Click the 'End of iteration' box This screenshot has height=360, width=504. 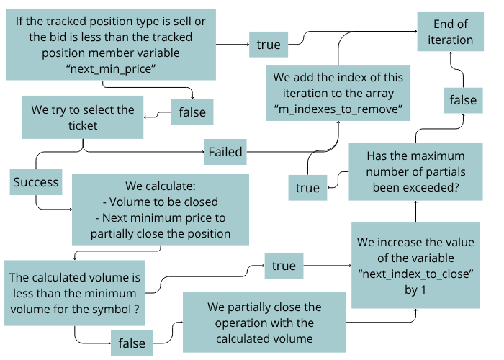pos(451,32)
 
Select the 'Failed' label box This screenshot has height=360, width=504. pos(225,152)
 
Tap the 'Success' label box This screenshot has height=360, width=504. pos(35,182)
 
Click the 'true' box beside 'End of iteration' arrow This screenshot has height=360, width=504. pos(268,45)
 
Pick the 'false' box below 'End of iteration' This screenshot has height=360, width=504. pos(463,100)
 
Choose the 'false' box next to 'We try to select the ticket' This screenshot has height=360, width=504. pos(192,112)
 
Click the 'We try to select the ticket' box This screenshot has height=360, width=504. pos(82,117)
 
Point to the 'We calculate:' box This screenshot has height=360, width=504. pos(161,208)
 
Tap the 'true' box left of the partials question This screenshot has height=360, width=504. pos(307,187)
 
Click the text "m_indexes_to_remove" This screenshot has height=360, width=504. pos(338,108)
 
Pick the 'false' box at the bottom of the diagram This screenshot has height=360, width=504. pos(132,343)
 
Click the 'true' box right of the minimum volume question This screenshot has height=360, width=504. pos(284,266)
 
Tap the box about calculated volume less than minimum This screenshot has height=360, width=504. pos(75,292)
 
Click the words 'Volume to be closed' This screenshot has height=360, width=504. pos(159,202)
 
